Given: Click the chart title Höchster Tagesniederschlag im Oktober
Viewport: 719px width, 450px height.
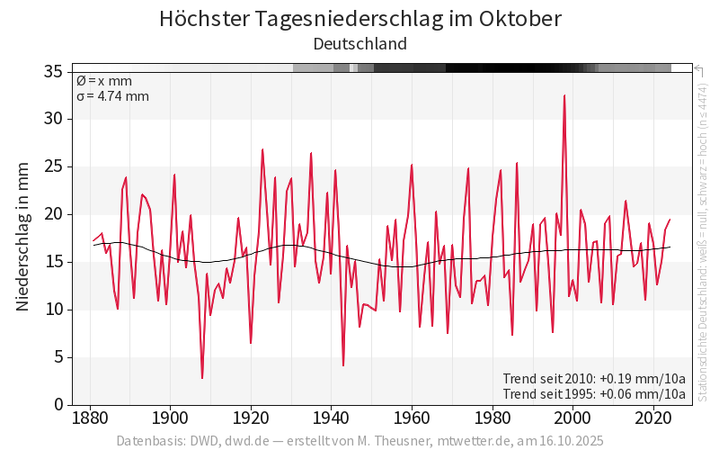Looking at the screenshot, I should (359, 19).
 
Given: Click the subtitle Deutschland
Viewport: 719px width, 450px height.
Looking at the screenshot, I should (359, 44).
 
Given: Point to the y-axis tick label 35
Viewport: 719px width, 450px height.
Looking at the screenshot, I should (52, 71).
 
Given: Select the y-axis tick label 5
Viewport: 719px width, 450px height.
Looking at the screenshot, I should (58, 357).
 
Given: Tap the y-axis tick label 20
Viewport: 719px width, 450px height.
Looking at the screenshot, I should (52, 214).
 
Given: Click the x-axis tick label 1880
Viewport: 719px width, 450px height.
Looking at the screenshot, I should (89, 418).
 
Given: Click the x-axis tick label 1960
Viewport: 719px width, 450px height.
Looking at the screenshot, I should (412, 418).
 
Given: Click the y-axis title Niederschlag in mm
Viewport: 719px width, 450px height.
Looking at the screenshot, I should (23, 237).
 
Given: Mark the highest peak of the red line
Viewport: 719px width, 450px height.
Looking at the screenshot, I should (564, 95).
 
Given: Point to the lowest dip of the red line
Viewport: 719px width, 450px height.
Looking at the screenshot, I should (202, 378).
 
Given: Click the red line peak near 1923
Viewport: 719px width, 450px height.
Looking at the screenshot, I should (262, 149).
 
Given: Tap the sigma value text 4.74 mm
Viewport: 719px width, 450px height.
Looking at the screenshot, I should (112, 96).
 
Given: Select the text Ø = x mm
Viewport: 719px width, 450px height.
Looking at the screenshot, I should (104, 81).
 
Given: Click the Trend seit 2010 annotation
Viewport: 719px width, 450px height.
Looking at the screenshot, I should (594, 378).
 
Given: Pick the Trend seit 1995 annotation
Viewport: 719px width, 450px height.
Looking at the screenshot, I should (594, 394).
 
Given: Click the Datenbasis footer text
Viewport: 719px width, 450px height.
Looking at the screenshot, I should (359, 441).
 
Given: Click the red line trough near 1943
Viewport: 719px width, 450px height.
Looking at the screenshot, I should (343, 365).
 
